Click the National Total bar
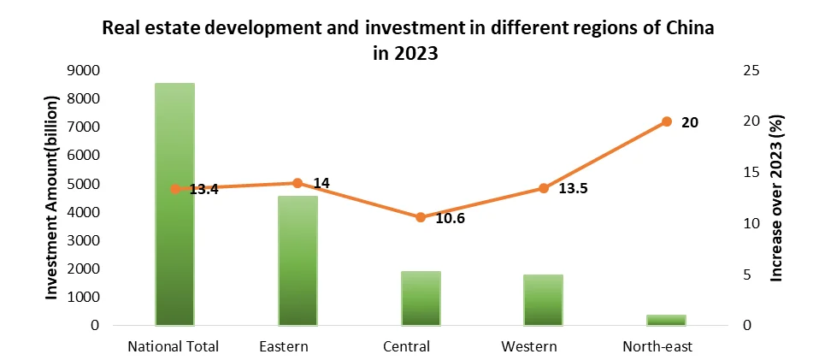coord(174,205)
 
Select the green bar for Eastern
coord(298,261)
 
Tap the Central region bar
coord(421,298)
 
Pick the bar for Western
coord(543,300)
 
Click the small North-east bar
coord(666,320)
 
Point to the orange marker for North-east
coord(666,121)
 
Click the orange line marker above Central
coord(421,217)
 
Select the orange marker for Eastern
coord(298,183)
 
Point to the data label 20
coord(690,122)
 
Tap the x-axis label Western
coord(530,346)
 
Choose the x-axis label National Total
coord(174,346)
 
